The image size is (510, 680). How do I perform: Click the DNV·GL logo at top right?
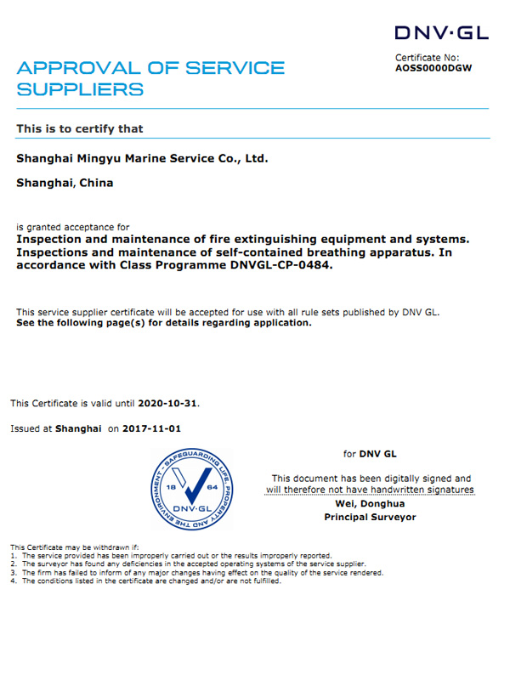click(x=442, y=33)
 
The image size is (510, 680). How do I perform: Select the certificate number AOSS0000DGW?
click(x=433, y=67)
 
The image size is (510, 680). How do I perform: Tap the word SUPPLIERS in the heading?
click(x=80, y=89)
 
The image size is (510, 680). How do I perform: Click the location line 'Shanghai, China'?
click(x=65, y=183)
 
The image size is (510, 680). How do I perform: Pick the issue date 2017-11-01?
click(x=151, y=429)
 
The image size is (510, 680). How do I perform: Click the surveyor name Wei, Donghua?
click(x=370, y=504)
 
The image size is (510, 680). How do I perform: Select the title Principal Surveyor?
click(x=371, y=517)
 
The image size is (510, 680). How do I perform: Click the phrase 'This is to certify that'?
click(x=80, y=129)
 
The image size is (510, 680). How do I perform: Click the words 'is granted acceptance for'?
click(x=73, y=227)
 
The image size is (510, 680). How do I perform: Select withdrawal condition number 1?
click(x=170, y=554)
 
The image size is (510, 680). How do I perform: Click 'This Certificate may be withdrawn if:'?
click(x=73, y=546)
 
